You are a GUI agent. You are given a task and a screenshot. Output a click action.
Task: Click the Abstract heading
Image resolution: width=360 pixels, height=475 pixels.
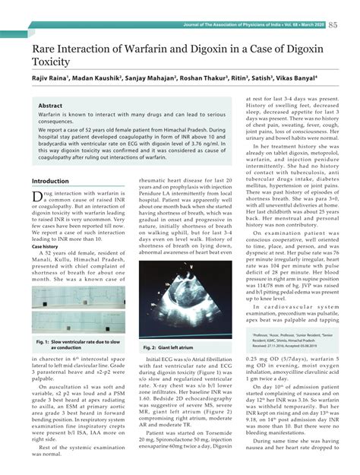50,106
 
